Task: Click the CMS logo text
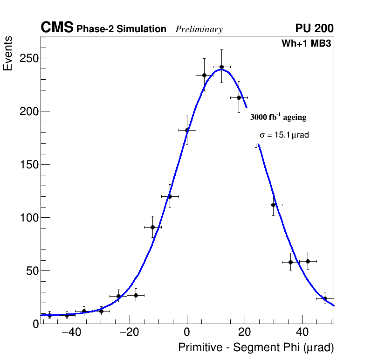57,28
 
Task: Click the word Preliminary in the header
199,29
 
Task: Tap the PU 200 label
314,28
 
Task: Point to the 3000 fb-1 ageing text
278,117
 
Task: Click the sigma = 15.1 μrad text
284,135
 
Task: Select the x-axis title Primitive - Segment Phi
256,348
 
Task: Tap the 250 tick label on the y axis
29,58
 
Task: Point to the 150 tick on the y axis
29,165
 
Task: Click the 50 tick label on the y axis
32,271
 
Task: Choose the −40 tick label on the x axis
71,333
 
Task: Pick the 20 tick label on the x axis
245,333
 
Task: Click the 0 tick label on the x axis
187,333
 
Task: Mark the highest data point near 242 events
221,67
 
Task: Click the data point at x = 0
187,130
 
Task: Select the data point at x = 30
274,205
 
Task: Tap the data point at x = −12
152,227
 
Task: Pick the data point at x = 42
308,261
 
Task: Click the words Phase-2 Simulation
121,29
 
